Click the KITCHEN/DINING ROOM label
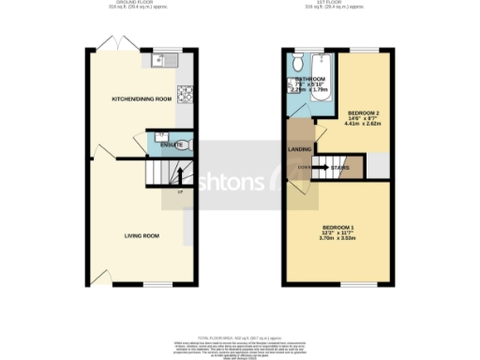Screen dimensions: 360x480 pyautogui.click(x=142, y=98)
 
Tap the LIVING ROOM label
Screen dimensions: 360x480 pyautogui.click(x=142, y=235)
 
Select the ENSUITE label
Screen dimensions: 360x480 pyautogui.click(x=172, y=145)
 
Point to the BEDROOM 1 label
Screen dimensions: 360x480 pyautogui.click(x=338, y=229)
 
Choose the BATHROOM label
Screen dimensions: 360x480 pyautogui.click(x=309, y=79)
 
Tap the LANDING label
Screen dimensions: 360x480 pyautogui.click(x=300, y=149)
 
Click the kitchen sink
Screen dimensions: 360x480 pyautogui.click(x=158, y=62)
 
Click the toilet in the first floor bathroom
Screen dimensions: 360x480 pyautogui.click(x=296, y=63)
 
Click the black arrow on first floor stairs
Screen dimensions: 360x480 pyautogui.click(x=319, y=168)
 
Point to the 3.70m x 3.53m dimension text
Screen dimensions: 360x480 pyautogui.click(x=338, y=239)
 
